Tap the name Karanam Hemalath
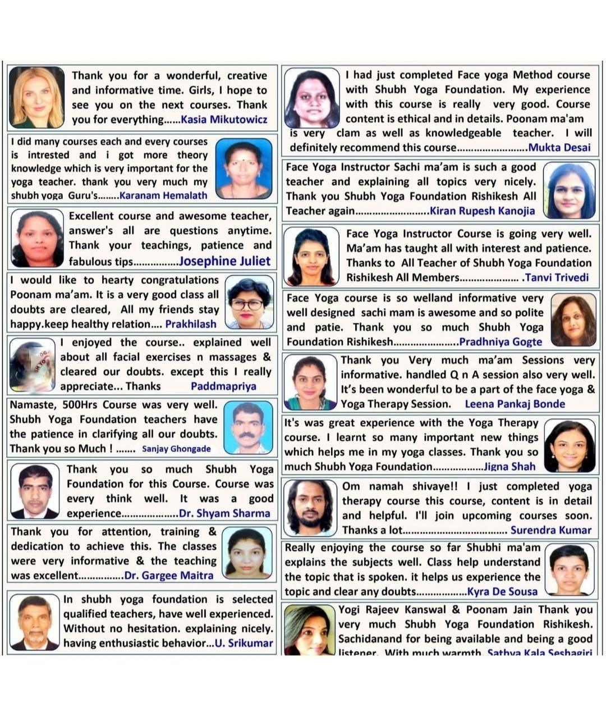(x=163, y=195)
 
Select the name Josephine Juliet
(x=224, y=261)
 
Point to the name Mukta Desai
(x=559, y=148)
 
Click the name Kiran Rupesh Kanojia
(x=482, y=211)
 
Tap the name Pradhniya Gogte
(x=501, y=342)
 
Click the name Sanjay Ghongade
(x=176, y=449)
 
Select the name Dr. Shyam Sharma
(x=224, y=513)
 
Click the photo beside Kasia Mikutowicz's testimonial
(x=36, y=97)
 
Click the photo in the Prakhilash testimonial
(x=249, y=303)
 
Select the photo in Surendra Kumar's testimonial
(x=310, y=507)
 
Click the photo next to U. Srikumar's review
(x=35, y=622)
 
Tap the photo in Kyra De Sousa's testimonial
(x=570, y=569)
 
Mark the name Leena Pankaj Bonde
(x=515, y=404)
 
